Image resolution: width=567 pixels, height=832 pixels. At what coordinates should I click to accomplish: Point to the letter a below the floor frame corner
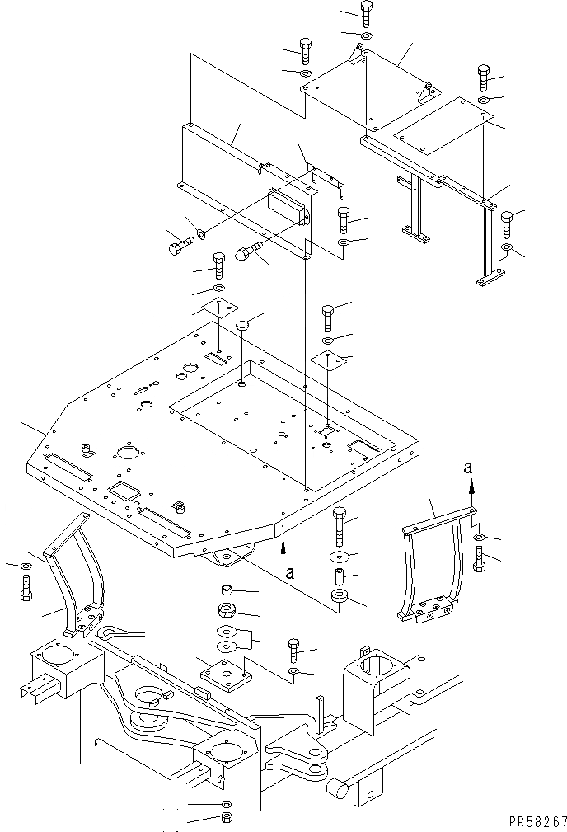pyautogui.click(x=288, y=568)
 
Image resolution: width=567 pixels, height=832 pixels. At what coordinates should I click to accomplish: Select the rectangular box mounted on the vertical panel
pyautogui.click(x=288, y=204)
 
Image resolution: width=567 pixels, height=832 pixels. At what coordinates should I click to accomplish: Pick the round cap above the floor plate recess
pyautogui.click(x=241, y=327)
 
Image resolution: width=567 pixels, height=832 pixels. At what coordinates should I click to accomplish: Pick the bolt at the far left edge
pyautogui.click(x=26, y=587)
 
